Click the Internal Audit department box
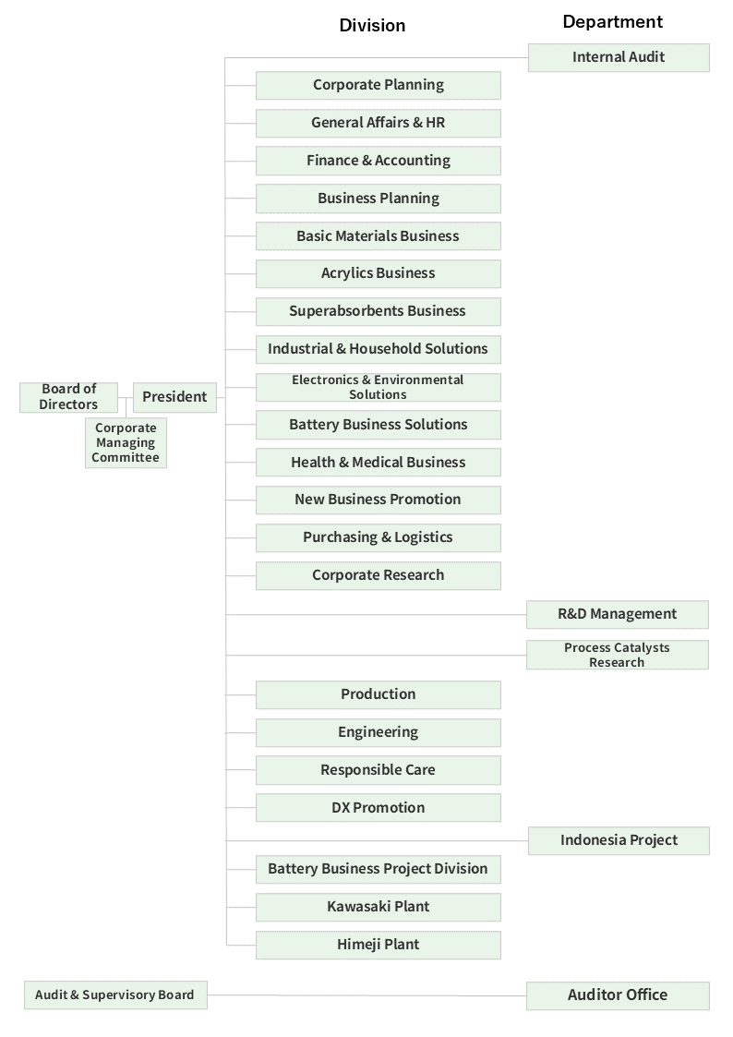point(619,57)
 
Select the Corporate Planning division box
point(378,85)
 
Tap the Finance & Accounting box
point(378,161)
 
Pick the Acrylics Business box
point(378,273)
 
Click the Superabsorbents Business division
point(378,311)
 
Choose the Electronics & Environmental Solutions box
point(378,387)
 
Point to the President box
point(174,397)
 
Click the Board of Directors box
point(68,397)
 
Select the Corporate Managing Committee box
point(126,443)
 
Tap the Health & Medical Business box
point(378,463)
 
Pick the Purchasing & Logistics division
point(378,537)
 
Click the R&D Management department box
point(617,614)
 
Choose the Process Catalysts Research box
point(617,655)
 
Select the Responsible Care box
point(378,770)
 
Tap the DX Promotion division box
point(378,808)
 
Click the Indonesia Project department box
point(619,840)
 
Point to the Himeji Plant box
point(378,945)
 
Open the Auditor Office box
point(617,995)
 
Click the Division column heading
point(372,26)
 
